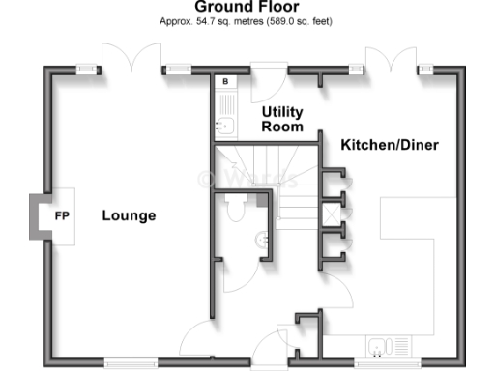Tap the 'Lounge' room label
pyautogui.click(x=129, y=215)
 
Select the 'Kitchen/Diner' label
pyautogui.click(x=390, y=145)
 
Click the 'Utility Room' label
pyautogui.click(x=282, y=119)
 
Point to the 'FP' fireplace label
pyautogui.click(x=60, y=215)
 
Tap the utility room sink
pyautogui.click(x=224, y=124)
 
